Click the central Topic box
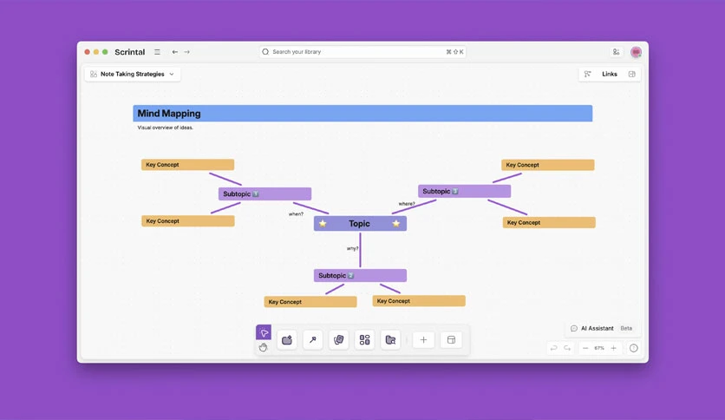click(360, 223)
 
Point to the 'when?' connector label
click(296, 214)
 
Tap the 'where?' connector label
click(407, 204)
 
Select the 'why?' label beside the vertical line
click(352, 248)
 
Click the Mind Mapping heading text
click(169, 114)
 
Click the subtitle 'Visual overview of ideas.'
click(165, 128)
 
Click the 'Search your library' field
click(362, 52)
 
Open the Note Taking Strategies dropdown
click(132, 74)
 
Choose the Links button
click(610, 74)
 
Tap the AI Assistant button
click(598, 328)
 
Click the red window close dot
click(87, 52)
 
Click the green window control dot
click(105, 52)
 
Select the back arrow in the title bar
click(175, 52)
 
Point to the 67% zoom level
click(599, 348)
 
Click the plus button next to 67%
click(614, 348)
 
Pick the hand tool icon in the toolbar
click(263, 347)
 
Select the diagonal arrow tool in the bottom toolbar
click(313, 340)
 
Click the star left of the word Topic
click(323, 223)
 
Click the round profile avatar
click(637, 52)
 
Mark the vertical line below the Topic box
click(360, 250)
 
